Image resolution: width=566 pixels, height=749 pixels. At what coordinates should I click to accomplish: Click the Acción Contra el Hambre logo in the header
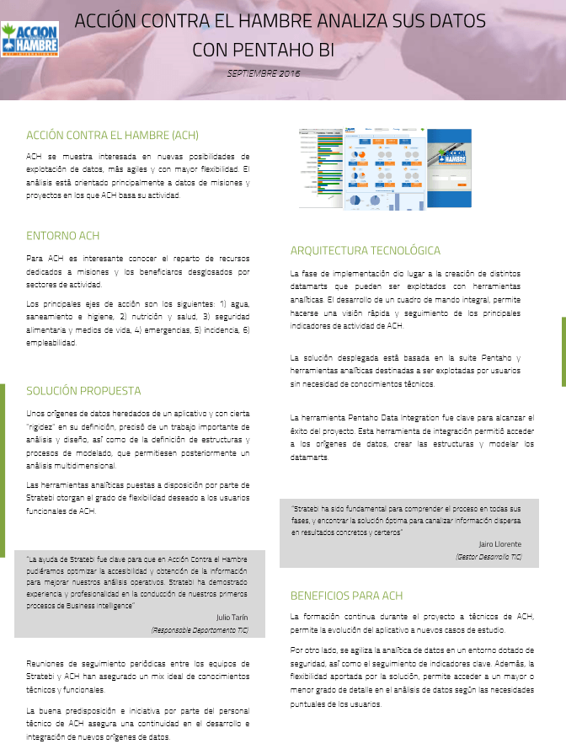click(29, 40)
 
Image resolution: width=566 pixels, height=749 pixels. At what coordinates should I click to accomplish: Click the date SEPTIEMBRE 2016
click(263, 73)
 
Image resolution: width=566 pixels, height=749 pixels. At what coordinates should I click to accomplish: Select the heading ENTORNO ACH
click(63, 236)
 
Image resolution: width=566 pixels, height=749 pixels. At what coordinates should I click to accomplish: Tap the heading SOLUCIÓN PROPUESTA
click(83, 391)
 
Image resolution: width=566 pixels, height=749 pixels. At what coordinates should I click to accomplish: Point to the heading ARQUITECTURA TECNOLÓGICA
click(365, 250)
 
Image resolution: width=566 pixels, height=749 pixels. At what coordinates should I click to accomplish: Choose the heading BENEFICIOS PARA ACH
click(346, 596)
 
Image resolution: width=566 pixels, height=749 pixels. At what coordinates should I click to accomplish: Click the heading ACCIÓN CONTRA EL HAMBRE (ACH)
click(112, 135)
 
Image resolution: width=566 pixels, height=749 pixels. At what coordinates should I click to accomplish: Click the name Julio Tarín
click(232, 617)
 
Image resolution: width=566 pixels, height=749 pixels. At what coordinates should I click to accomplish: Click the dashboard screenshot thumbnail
click(385, 169)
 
